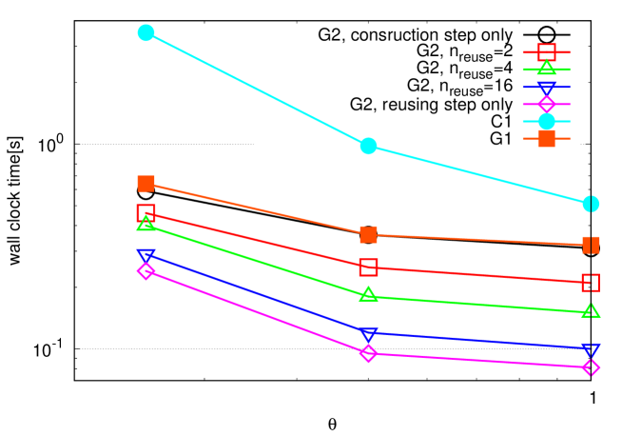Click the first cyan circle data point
146,33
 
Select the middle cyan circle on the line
368,146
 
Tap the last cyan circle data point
591,204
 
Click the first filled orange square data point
146,184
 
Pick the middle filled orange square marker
368,234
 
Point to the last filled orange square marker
591,245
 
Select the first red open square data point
146,212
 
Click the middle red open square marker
368,268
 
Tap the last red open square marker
591,283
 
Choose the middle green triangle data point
368,295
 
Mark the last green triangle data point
591,311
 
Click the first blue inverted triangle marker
146,256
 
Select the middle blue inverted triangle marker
368,334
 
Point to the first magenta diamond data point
146,271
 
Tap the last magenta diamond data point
591,367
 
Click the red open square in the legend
546,52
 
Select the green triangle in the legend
546,69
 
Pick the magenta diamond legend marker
546,104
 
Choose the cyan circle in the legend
546,121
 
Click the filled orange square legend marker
546,138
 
